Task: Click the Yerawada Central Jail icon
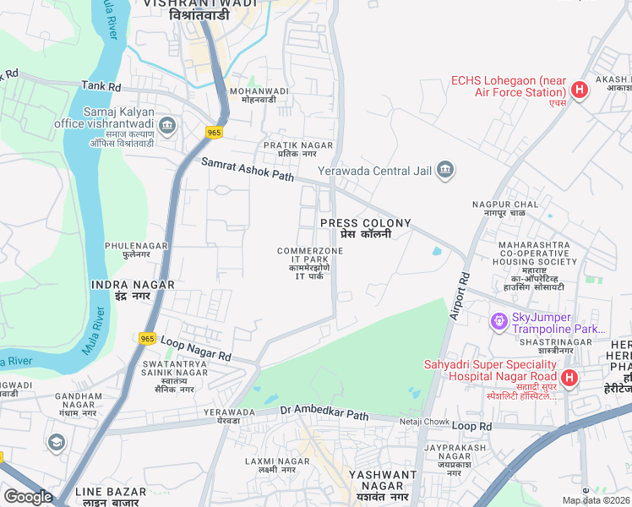(x=445, y=172)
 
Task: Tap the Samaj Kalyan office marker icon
(x=167, y=127)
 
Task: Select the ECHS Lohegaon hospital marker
(x=580, y=90)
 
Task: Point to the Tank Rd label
(x=101, y=86)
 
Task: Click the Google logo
(x=28, y=497)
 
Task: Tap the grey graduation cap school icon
(x=57, y=442)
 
